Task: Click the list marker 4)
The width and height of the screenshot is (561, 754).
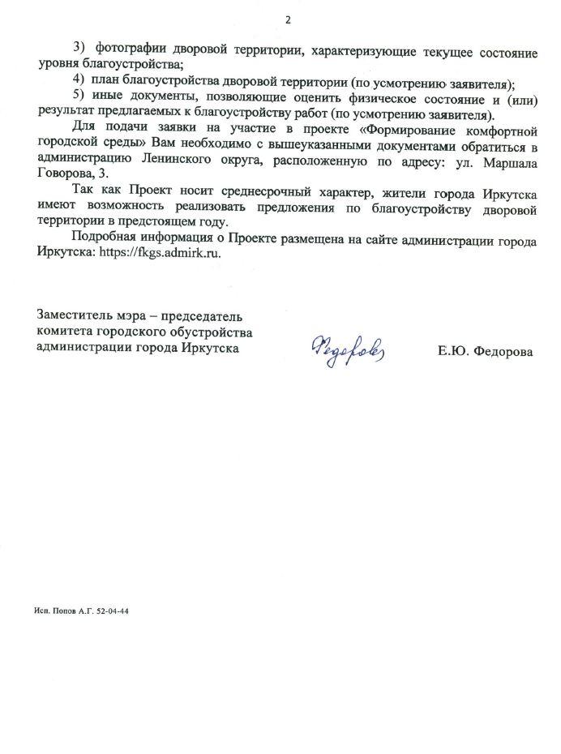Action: tap(77, 83)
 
